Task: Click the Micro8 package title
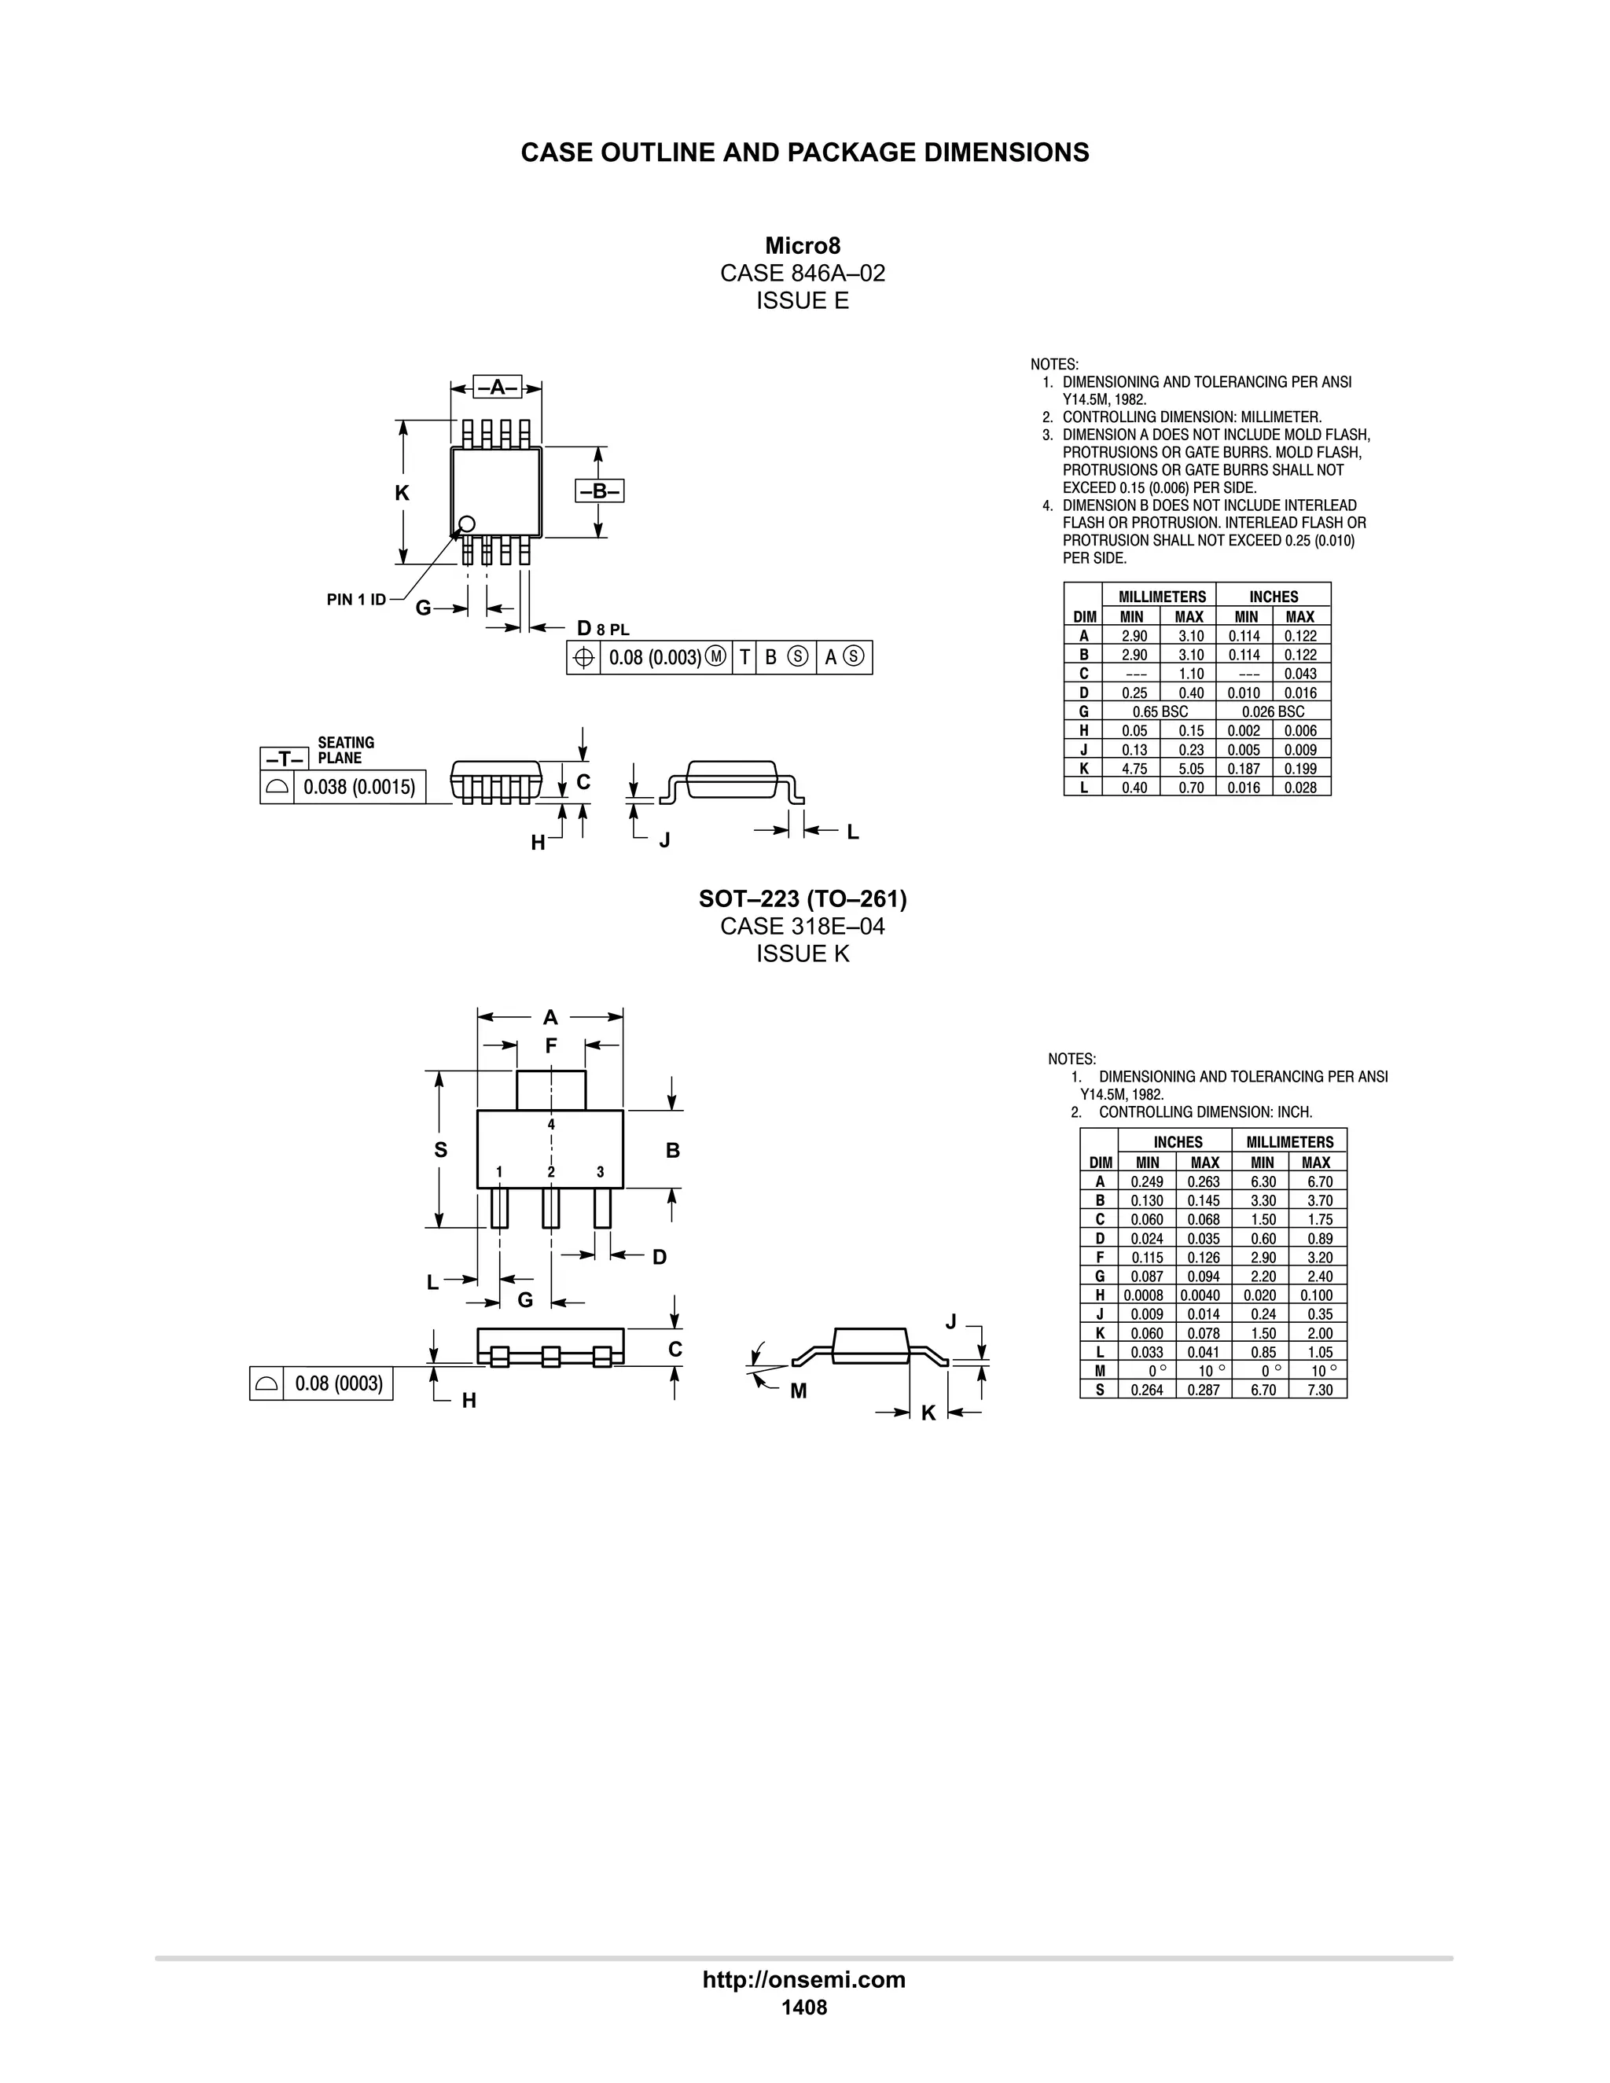click(802, 246)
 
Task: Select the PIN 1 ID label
click(356, 600)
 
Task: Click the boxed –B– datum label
click(599, 491)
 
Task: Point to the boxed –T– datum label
click(285, 759)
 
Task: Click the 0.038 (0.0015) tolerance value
click(359, 787)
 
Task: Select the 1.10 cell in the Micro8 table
click(1190, 674)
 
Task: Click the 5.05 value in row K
click(1190, 769)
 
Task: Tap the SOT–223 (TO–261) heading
click(802, 898)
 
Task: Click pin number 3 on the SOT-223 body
click(600, 1172)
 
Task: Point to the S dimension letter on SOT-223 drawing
click(441, 1150)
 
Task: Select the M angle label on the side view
click(799, 1391)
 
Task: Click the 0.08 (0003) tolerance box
click(339, 1383)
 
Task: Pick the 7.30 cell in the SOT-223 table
click(1319, 1390)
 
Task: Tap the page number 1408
click(804, 2008)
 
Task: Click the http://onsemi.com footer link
click(804, 1980)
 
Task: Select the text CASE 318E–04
click(802, 926)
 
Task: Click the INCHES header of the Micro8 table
click(1274, 596)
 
